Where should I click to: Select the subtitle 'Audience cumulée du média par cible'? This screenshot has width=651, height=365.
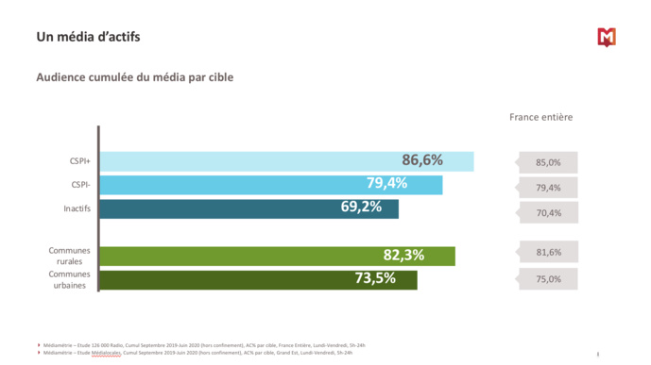click(x=134, y=77)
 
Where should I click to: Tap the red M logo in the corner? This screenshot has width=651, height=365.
click(x=606, y=37)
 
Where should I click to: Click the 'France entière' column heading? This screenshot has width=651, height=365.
click(x=540, y=117)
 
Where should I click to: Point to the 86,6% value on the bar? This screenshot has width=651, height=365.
click(x=421, y=160)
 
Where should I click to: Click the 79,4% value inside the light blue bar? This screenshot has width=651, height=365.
click(x=386, y=183)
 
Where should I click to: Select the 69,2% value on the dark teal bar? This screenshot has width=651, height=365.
click(x=361, y=206)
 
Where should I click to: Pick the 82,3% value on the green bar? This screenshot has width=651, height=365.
click(x=403, y=255)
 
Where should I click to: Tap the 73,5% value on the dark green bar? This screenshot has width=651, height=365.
click(x=375, y=278)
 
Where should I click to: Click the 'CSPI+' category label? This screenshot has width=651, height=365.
click(x=78, y=161)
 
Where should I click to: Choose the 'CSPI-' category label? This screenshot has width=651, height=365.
click(x=79, y=185)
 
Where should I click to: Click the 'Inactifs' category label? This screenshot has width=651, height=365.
click(x=77, y=208)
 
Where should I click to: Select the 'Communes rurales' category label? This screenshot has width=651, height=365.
click(x=70, y=256)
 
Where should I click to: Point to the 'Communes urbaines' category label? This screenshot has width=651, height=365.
click(x=70, y=279)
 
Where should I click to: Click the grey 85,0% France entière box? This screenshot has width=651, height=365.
click(x=549, y=162)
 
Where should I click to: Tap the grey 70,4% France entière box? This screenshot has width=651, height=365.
click(x=549, y=213)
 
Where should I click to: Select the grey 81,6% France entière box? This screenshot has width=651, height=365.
click(x=549, y=253)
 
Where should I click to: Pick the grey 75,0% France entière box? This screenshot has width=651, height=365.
click(x=549, y=279)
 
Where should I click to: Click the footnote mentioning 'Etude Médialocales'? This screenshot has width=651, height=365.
click(x=198, y=353)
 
